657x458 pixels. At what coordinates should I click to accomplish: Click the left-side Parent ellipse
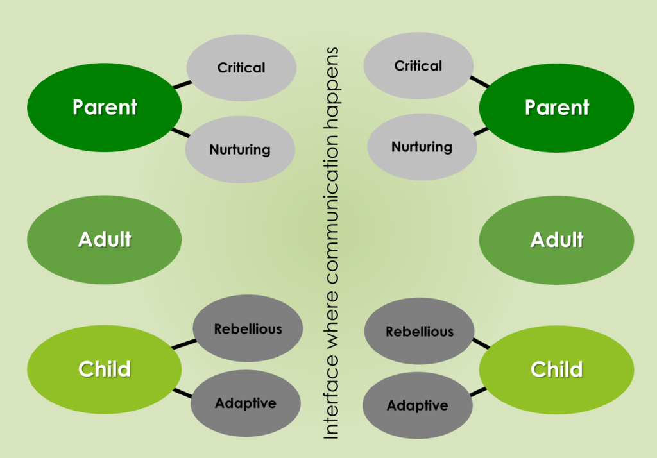pos(104,107)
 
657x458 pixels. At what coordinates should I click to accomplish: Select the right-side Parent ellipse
pos(556,107)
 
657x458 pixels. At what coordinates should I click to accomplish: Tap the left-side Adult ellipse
pos(104,240)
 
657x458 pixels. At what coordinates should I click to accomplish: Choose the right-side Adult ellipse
pos(556,240)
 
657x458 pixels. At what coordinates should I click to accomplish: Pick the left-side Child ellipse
pos(104,369)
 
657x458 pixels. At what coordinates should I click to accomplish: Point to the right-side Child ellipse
pos(556,369)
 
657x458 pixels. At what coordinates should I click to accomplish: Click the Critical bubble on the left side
pos(241,67)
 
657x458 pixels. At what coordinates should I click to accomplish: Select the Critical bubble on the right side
pos(418,65)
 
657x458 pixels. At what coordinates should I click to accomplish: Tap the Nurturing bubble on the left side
pos(240,149)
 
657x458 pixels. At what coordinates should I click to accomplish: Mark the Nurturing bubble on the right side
pos(422,147)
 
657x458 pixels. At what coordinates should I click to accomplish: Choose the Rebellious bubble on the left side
pos(248,329)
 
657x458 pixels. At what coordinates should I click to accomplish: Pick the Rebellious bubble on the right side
pos(419,332)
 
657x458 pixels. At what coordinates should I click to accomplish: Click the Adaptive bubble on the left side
pos(245,403)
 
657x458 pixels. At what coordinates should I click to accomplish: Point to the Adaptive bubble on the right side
pos(418,405)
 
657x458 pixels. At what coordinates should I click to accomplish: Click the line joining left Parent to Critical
pos(182,84)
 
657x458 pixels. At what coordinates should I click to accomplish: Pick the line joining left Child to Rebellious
pos(185,344)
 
